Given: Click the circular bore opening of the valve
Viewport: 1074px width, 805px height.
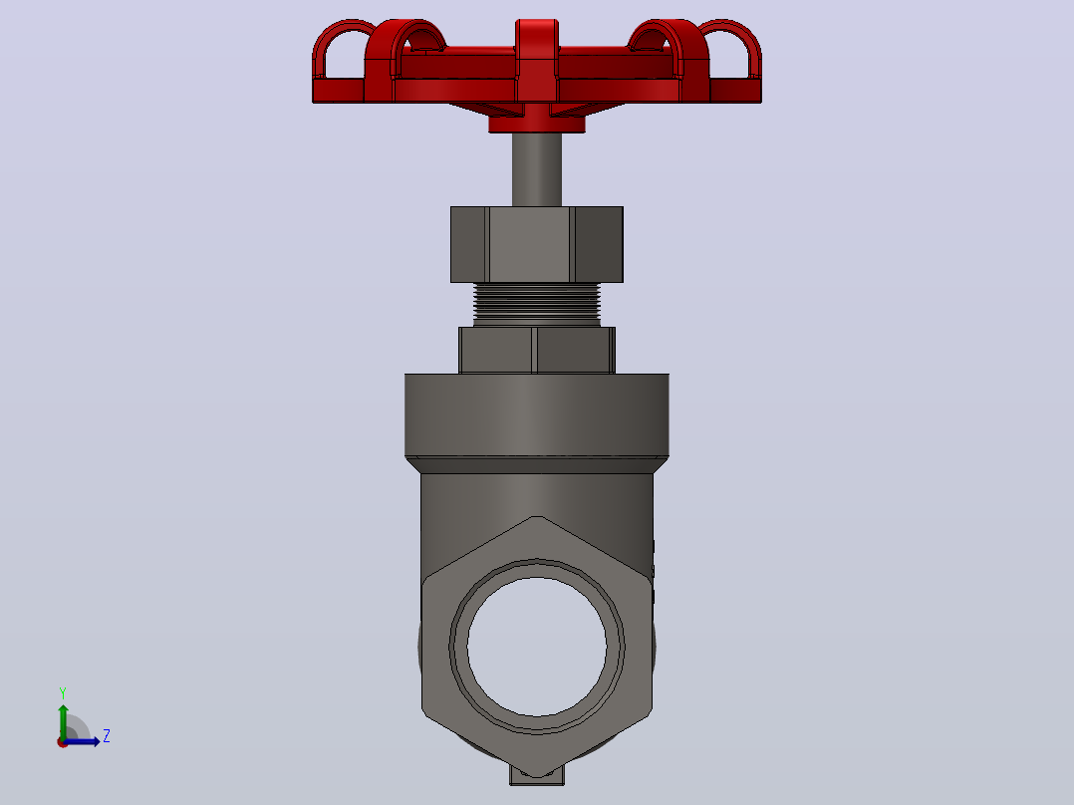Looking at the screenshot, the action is [x=536, y=646].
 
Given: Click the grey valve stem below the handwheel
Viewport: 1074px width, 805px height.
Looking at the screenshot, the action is [x=536, y=169].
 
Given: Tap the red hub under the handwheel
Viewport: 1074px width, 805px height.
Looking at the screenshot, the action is [x=536, y=124].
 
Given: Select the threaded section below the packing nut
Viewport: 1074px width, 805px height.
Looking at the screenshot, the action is [x=536, y=304].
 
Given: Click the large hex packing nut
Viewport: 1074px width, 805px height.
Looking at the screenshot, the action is [x=536, y=244].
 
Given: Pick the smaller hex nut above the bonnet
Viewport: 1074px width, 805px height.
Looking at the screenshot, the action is [x=536, y=350].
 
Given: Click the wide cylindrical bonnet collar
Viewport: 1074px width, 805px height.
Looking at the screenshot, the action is [x=536, y=415].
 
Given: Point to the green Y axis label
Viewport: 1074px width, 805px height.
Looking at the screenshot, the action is [x=63, y=692].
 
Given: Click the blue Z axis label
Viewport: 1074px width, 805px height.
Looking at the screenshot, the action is [x=107, y=736].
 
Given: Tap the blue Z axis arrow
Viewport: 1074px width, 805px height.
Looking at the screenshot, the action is [x=82, y=741].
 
